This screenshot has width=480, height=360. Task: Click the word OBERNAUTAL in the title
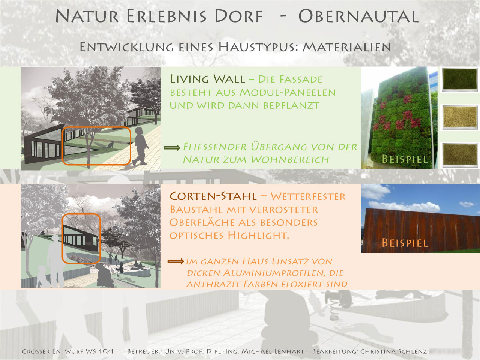pos(358,16)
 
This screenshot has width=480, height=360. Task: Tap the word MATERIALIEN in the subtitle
pos(347,47)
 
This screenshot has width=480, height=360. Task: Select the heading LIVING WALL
pos(207,79)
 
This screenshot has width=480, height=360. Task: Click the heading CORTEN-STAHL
pos(213,196)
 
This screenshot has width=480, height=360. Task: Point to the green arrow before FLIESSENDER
pos(172,148)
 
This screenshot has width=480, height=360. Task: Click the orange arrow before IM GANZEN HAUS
pos(175,261)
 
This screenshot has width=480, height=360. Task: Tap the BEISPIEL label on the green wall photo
pos(405,159)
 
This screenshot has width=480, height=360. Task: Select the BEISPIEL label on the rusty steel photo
pos(405,243)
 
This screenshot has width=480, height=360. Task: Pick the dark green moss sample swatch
pos(460,79)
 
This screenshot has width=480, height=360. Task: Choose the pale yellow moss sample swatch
pos(460,117)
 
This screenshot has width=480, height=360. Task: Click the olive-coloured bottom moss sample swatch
pos(460,155)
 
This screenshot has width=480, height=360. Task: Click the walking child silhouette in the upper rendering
pos(140,147)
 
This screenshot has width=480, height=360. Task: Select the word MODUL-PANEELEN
pos(288,93)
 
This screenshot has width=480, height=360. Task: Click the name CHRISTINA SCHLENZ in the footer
pos(393,351)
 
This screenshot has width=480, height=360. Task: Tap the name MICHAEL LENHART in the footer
pos(273,351)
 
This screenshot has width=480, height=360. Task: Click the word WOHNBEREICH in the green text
pos(289,160)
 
